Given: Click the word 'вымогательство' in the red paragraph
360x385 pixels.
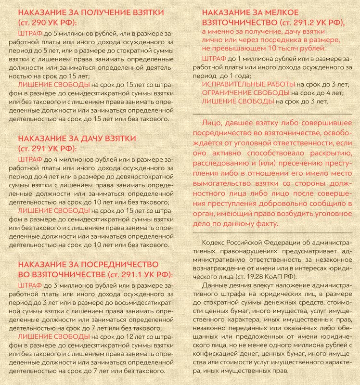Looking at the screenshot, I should [231, 184].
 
